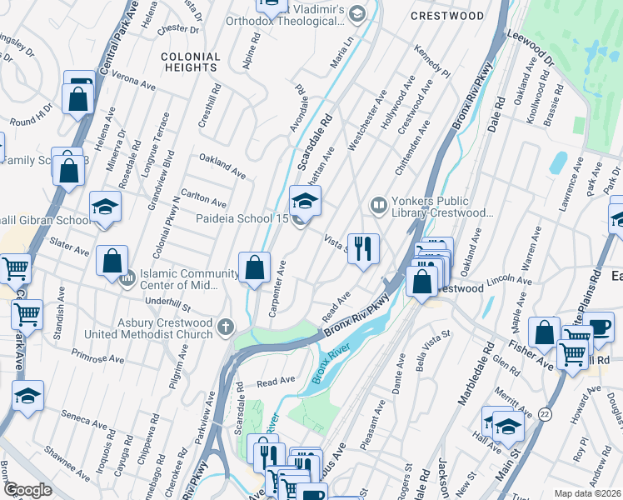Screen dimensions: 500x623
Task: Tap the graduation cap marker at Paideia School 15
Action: (305, 200)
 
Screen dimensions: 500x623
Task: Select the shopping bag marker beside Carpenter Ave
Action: (255, 267)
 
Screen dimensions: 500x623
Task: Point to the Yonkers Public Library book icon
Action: (378, 204)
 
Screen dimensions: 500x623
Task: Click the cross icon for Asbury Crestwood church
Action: (226, 327)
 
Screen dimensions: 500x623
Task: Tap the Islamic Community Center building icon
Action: (127, 278)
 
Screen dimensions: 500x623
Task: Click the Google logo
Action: (27, 490)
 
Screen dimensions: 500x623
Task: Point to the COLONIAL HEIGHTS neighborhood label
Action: (191, 62)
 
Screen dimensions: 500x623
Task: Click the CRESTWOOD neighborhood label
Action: (447, 16)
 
